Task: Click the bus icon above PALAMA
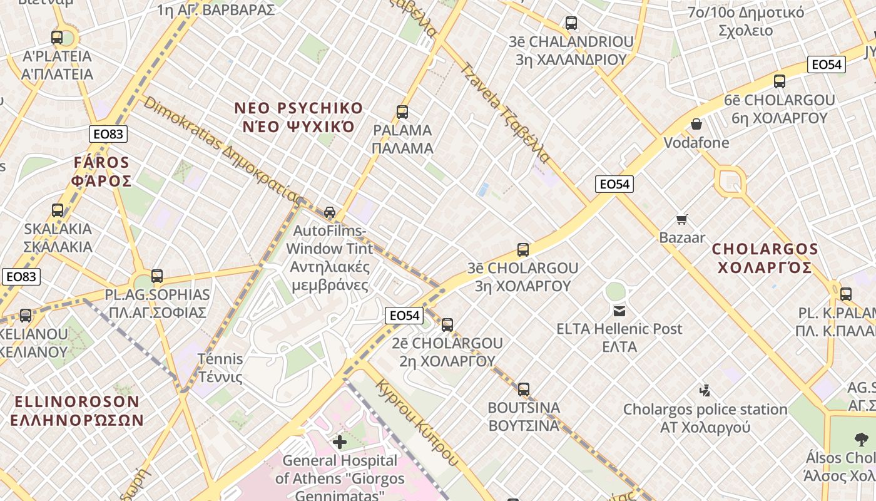tap(402, 112)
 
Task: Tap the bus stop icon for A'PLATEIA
tap(57, 38)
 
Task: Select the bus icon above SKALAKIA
tap(58, 210)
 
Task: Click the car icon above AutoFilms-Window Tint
tap(330, 212)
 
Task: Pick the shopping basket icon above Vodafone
tap(696, 124)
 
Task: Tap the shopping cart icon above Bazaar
tap(682, 219)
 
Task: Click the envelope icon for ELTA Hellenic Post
tap(619, 311)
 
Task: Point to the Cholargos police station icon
tap(705, 391)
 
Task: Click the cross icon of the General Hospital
tap(339, 442)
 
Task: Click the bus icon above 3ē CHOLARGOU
tap(523, 250)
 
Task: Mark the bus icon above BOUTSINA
tap(524, 389)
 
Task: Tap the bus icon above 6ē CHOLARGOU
tap(779, 81)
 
